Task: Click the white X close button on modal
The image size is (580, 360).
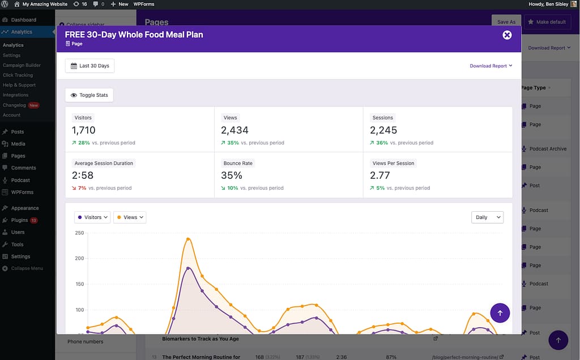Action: [x=507, y=35]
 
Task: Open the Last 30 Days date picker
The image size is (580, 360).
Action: [x=89, y=66]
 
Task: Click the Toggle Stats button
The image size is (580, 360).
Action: [x=89, y=95]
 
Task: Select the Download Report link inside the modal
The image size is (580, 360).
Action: [x=491, y=66]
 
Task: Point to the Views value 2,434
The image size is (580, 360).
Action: [x=234, y=130]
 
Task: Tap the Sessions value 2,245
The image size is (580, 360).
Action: [x=383, y=130]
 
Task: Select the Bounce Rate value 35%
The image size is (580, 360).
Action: [x=232, y=175]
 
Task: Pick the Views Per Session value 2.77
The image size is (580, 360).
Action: [x=380, y=175]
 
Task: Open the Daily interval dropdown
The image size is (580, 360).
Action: [x=487, y=217]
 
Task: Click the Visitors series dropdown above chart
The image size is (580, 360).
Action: [x=92, y=217]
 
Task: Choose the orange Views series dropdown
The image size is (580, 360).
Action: [x=130, y=217]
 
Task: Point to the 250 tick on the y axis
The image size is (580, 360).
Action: [x=79, y=233]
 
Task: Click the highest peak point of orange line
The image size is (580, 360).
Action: [x=187, y=239]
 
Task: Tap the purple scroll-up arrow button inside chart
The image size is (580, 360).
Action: [x=500, y=313]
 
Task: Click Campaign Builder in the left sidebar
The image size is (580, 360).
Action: [x=22, y=65]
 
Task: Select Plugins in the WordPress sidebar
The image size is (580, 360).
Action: [x=19, y=220]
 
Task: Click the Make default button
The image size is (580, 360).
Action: [x=547, y=22]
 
